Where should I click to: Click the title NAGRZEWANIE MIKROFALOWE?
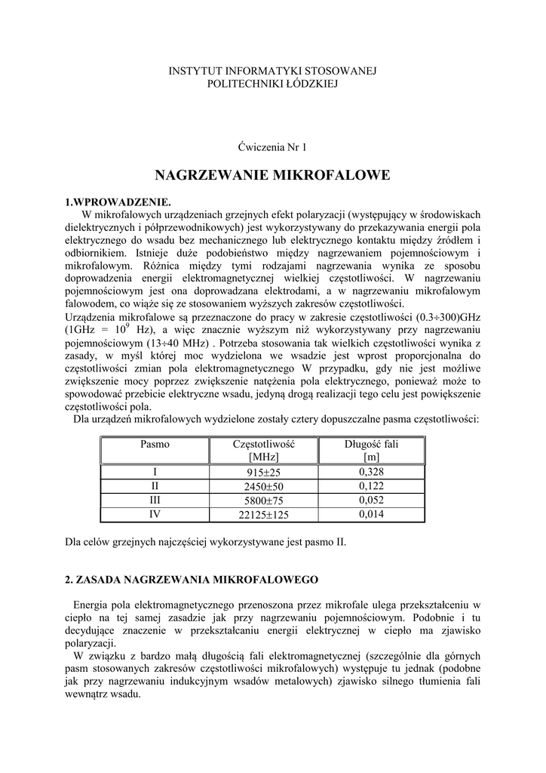[x=272, y=176]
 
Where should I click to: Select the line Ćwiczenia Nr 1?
[x=272, y=146]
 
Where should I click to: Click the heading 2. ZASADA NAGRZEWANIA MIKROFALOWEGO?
[x=192, y=580]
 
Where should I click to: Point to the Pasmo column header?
[x=155, y=445]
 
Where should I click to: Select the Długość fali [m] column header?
[x=371, y=451]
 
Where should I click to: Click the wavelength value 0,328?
[x=371, y=472]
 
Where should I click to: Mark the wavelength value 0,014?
[x=371, y=514]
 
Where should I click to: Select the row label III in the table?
[x=155, y=500]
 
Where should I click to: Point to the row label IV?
[x=155, y=514]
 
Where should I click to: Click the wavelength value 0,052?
[x=371, y=500]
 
